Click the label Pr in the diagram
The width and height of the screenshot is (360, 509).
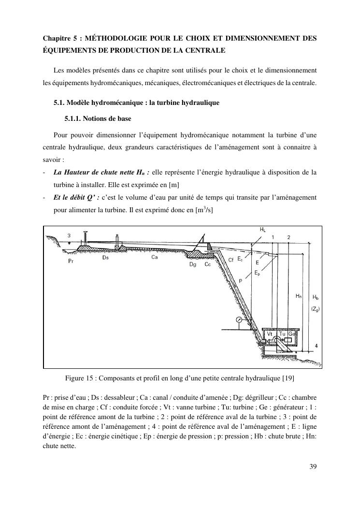pyautogui.click(x=72, y=261)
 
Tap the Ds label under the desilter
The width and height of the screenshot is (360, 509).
pyautogui.click(x=106, y=258)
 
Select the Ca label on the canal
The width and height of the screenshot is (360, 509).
pyautogui.click(x=155, y=257)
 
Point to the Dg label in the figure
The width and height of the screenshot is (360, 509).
pyautogui.click(x=193, y=264)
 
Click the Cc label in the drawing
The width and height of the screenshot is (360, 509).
pyautogui.click(x=208, y=264)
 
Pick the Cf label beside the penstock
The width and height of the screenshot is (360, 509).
pyautogui.click(x=231, y=260)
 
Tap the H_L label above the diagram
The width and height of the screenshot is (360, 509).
pyautogui.click(x=262, y=230)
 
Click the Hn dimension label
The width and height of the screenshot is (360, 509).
pyautogui.click(x=299, y=296)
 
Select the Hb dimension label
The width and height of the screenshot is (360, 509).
pyautogui.click(x=316, y=296)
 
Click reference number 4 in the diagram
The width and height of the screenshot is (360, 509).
pyautogui.click(x=316, y=346)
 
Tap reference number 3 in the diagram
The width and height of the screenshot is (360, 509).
pyautogui.click(x=69, y=235)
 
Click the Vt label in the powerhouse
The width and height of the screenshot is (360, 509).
pyautogui.click(x=270, y=334)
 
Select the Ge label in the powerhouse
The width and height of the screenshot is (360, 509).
pyautogui.click(x=291, y=334)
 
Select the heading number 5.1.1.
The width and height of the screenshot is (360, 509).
pyautogui.click(x=73, y=118)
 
